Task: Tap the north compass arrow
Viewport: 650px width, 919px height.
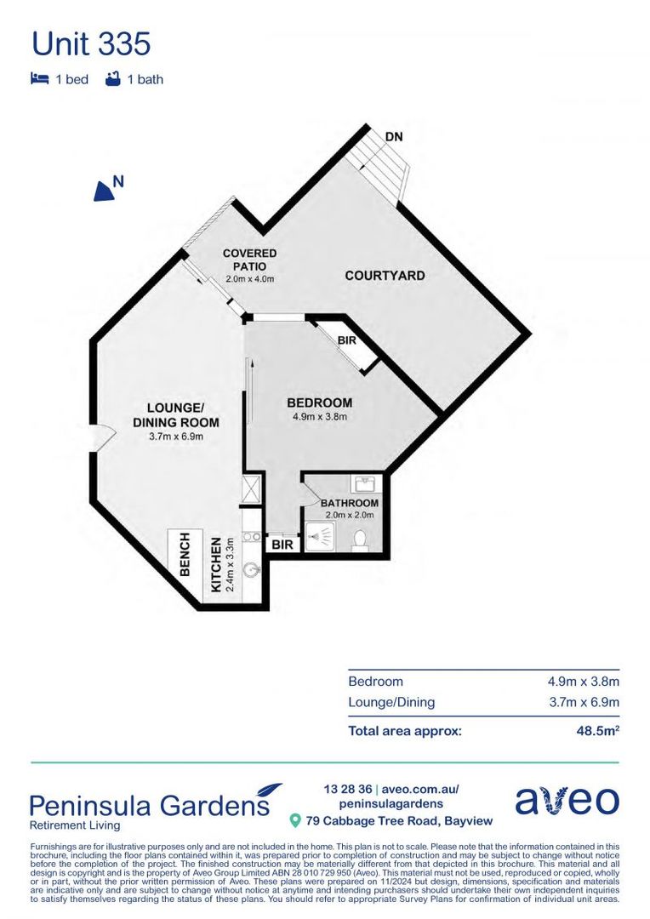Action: pos(105,190)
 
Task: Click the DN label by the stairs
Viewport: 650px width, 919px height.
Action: pos(393,136)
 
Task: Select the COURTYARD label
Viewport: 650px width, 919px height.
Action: pos(385,276)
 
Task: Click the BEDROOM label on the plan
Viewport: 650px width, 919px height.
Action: pos(319,402)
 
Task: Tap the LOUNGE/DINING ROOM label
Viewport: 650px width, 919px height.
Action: pos(176,415)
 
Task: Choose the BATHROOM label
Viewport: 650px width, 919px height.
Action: pos(349,503)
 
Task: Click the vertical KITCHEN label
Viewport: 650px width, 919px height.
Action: pos(216,564)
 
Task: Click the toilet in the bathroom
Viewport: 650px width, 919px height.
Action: pos(360,540)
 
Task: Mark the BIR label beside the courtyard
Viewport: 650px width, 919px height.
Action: pos(345,340)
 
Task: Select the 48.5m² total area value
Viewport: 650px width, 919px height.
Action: pos(598,730)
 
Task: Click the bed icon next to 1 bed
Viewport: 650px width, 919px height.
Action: pos(38,79)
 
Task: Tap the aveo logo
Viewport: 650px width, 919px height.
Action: pos(567,801)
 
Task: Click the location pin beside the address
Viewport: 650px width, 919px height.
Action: pos(295,820)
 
